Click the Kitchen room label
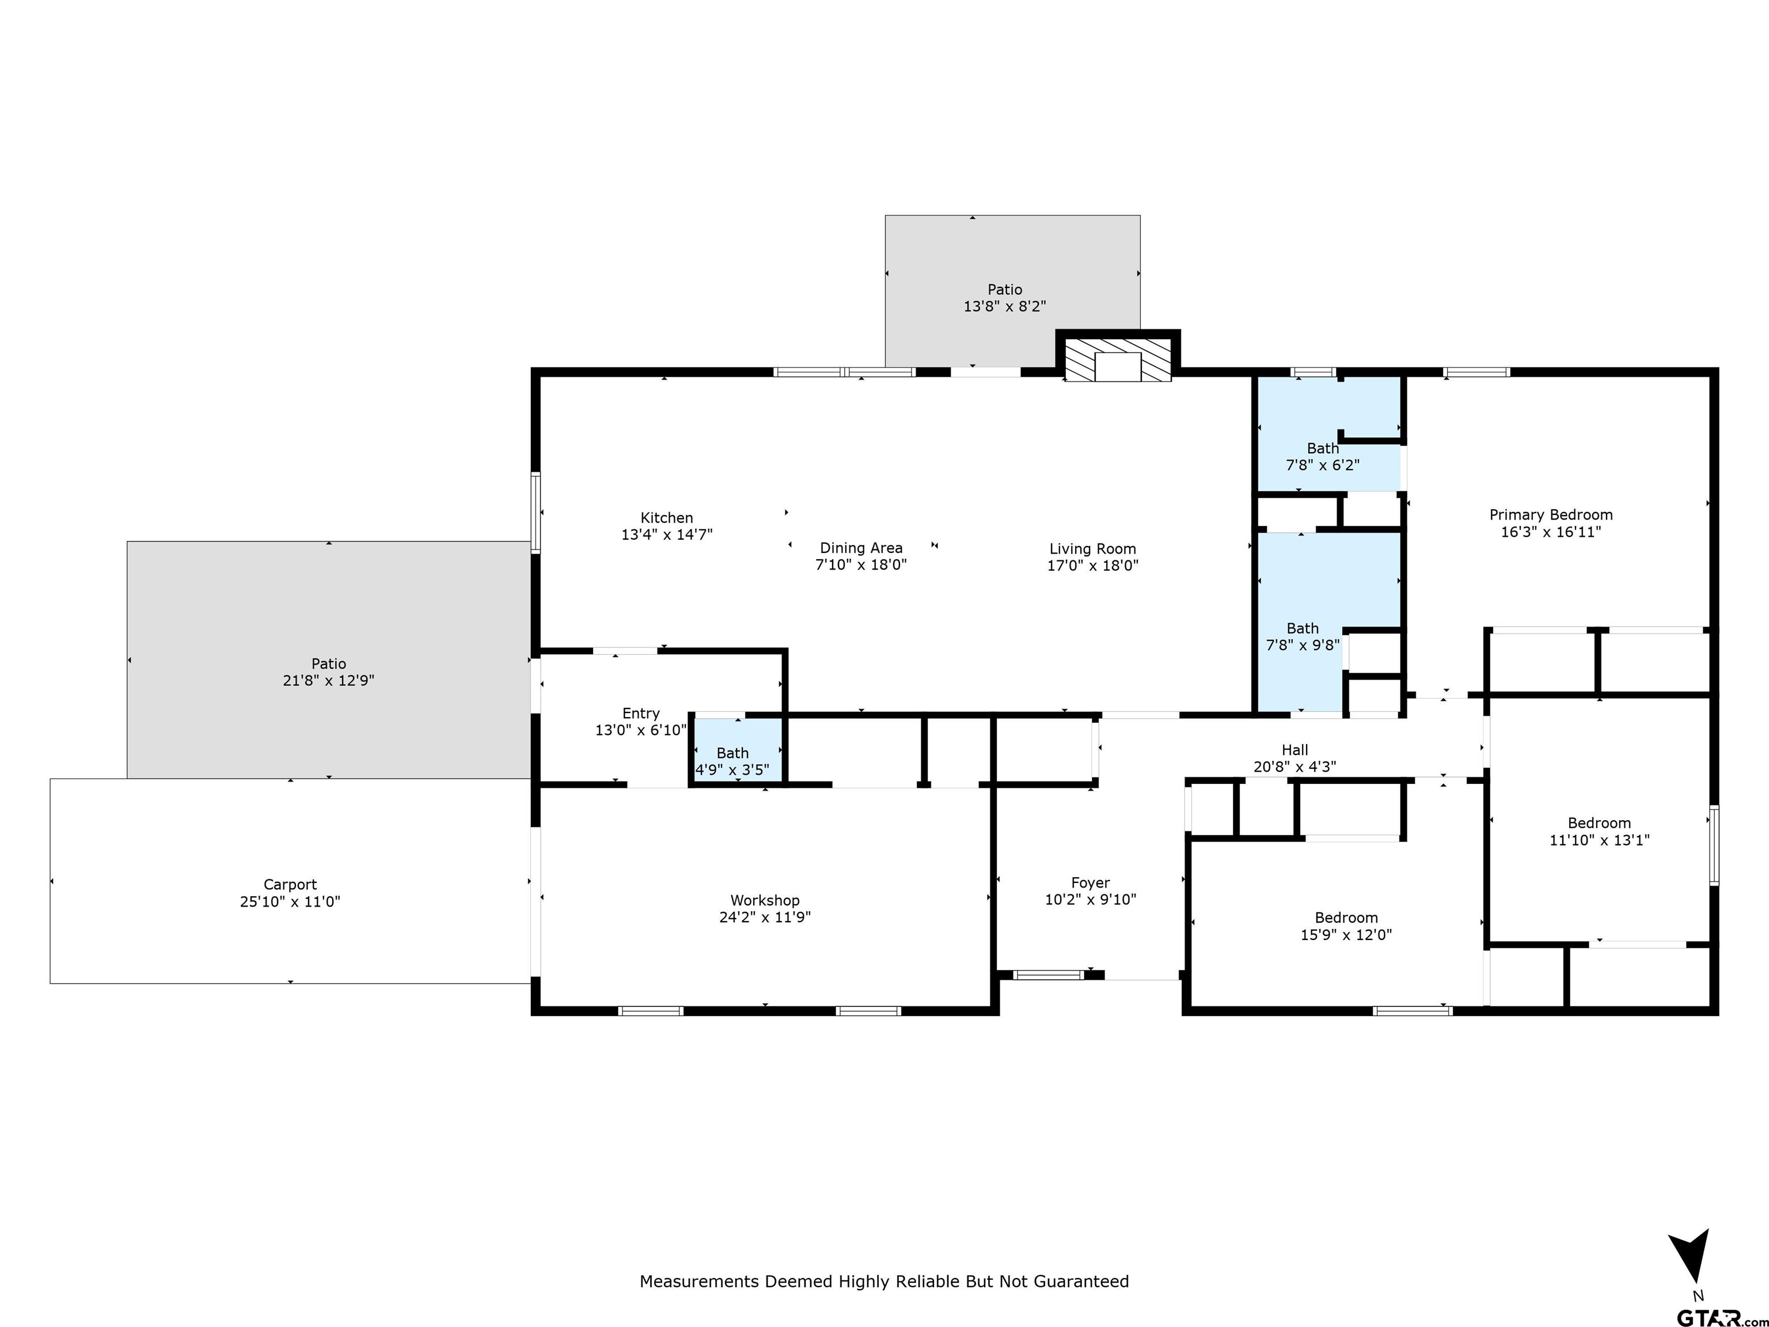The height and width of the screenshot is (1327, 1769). click(666, 518)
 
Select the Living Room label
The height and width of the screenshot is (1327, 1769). click(1092, 549)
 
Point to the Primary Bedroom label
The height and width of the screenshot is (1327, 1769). click(1551, 515)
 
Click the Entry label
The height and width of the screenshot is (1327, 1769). click(640, 714)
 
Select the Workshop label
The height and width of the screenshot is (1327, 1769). click(765, 901)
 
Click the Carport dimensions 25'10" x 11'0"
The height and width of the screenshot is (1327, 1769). click(290, 901)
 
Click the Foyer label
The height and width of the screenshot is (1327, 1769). click(1090, 883)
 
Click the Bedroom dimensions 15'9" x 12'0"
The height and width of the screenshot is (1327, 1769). click(1346, 934)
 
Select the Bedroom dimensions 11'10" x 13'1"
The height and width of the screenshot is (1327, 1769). click(1600, 840)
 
